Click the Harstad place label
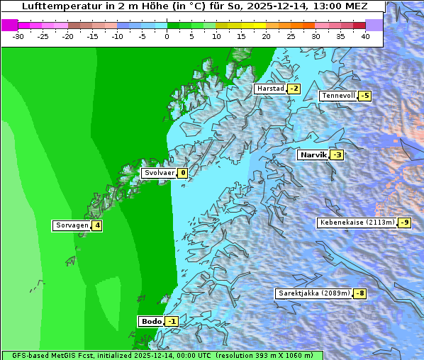point(270,89)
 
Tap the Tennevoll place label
point(338,96)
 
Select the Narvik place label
point(313,154)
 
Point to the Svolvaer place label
point(159,173)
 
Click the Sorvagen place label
point(72,225)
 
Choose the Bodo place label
point(151,321)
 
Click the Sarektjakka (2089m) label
point(314,293)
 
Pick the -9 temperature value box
point(404,223)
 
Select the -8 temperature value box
point(360,293)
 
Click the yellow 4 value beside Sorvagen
point(97,225)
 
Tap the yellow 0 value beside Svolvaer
point(182,173)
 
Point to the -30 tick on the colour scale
point(18,35)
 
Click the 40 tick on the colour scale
point(365,35)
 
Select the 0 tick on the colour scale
point(167,35)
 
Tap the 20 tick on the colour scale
point(266,35)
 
